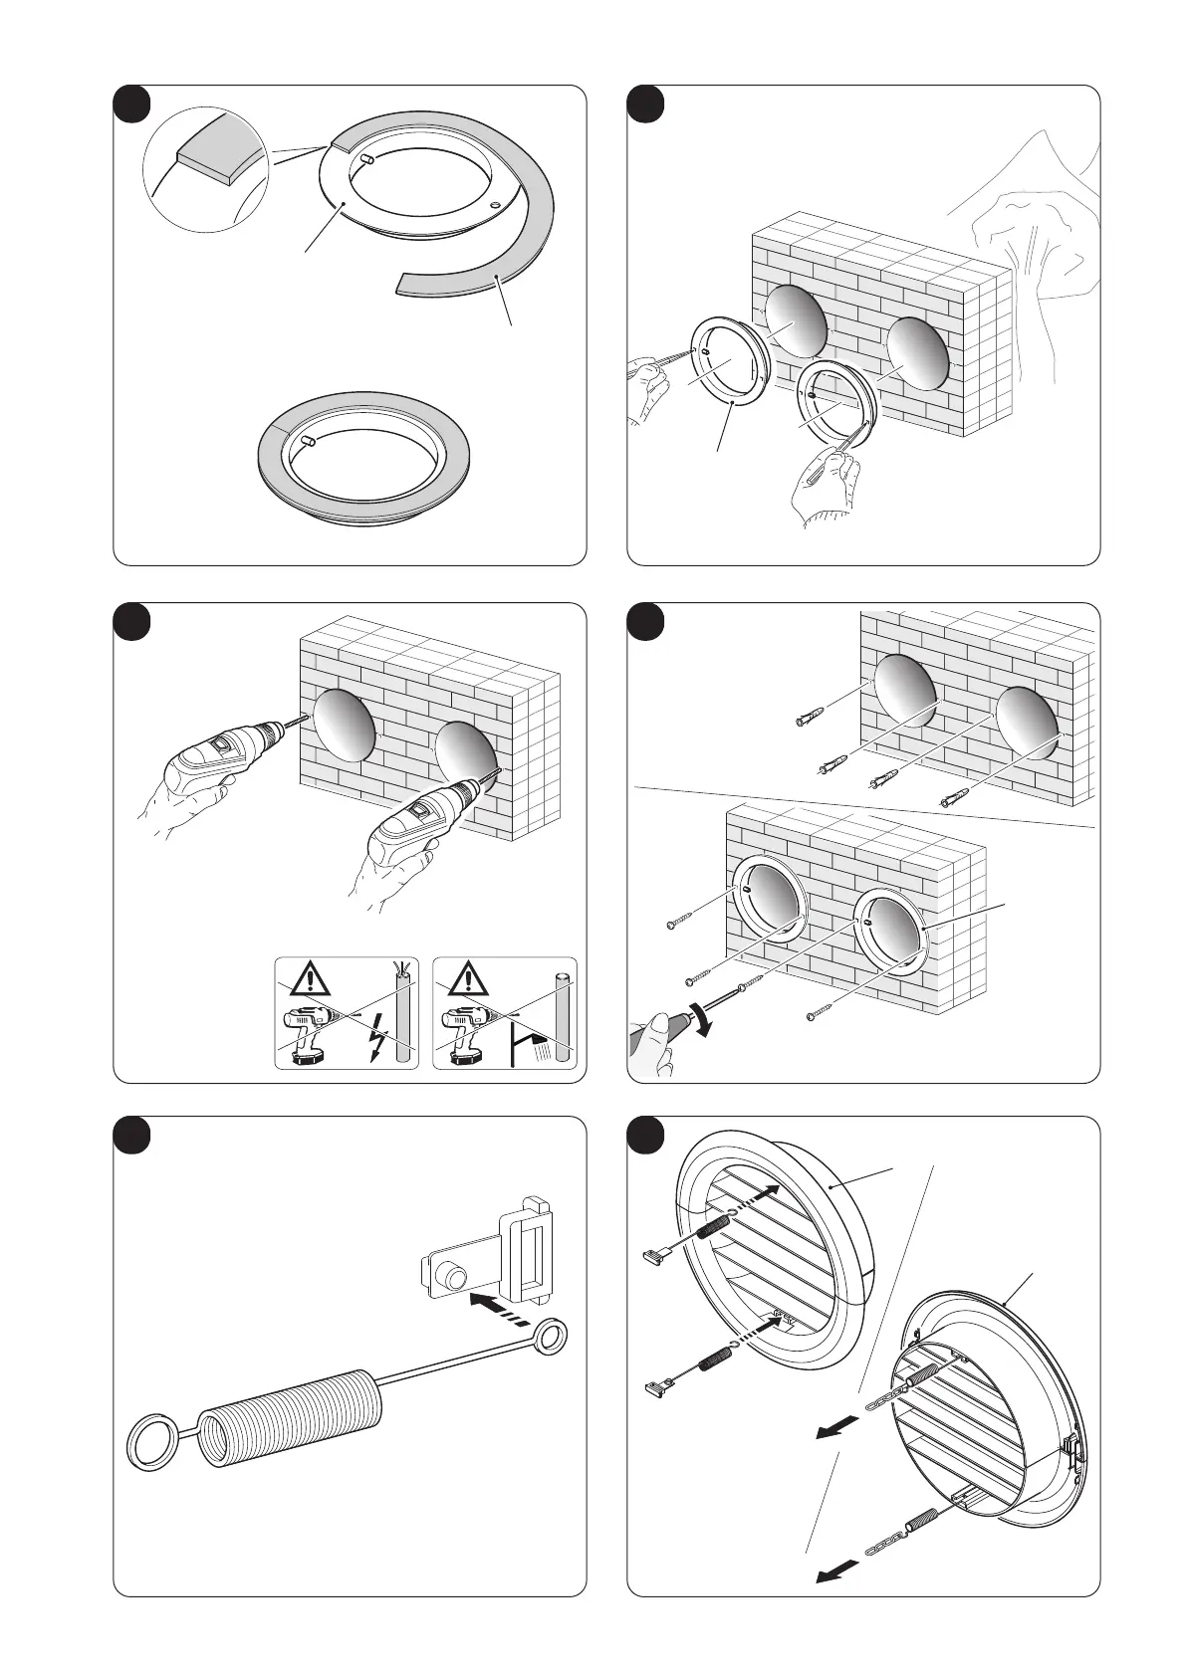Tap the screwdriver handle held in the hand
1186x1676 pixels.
(658, 1035)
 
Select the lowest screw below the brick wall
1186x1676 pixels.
(813, 1016)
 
